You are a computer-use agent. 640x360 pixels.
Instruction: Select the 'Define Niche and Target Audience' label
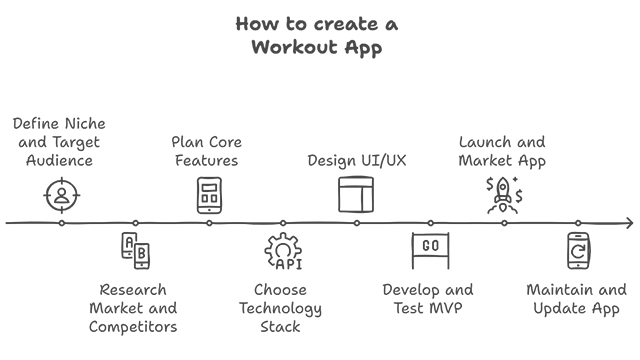coord(59,141)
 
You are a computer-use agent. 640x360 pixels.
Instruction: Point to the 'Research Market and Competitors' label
coord(133,308)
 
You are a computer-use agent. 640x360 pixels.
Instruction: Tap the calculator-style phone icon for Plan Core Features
coord(209,194)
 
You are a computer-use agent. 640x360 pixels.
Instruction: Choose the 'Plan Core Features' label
coord(206,151)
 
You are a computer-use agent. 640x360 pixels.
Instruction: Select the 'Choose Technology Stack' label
coord(281,308)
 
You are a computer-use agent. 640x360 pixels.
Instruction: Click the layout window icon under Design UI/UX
coord(356,194)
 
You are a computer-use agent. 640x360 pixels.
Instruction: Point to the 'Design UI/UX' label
coord(357,160)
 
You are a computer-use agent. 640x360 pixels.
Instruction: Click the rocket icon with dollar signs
coord(503,194)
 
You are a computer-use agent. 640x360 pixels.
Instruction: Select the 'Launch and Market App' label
coord(502,151)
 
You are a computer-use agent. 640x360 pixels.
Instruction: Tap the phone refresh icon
coord(578,251)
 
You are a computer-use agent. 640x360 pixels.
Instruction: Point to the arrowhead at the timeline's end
coord(628,223)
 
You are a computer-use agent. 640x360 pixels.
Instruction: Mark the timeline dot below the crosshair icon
coord(61,223)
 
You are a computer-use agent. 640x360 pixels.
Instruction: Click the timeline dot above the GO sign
coord(430,223)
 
